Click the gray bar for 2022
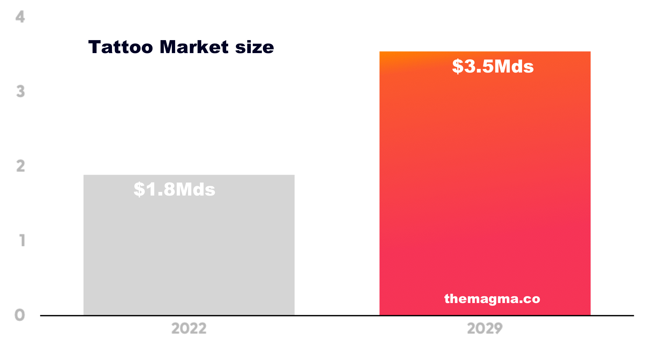coord(189,253)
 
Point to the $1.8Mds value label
coord(174,189)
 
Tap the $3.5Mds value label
coord(493,66)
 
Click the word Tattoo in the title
coord(120,47)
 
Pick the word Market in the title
coord(194,47)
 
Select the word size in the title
coord(254,47)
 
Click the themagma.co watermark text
coord(492,298)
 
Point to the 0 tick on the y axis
coord(20,315)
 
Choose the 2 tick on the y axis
coord(20,166)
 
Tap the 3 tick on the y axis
coord(20,92)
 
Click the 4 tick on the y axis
coord(20,17)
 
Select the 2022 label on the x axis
coord(189,329)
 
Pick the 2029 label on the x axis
coord(485,329)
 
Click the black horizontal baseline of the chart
coord(337,315)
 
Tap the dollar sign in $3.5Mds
coord(458,66)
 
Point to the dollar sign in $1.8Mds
coord(139,189)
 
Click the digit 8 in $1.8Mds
coord(169,189)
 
